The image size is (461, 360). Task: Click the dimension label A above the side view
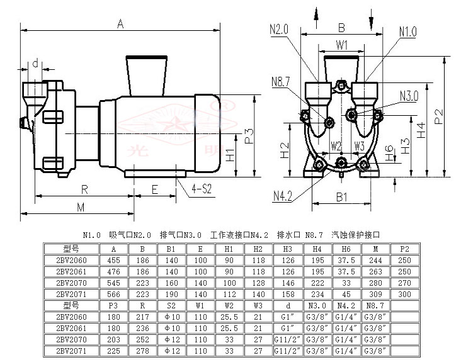[120, 23]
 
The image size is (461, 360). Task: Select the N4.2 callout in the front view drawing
[283, 196]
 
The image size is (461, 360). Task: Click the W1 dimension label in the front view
[341, 45]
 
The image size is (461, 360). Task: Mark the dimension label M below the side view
[81, 207]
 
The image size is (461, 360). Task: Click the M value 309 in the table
[375, 293]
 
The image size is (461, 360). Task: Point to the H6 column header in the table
[346, 248]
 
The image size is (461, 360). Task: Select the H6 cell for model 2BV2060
[346, 259]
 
